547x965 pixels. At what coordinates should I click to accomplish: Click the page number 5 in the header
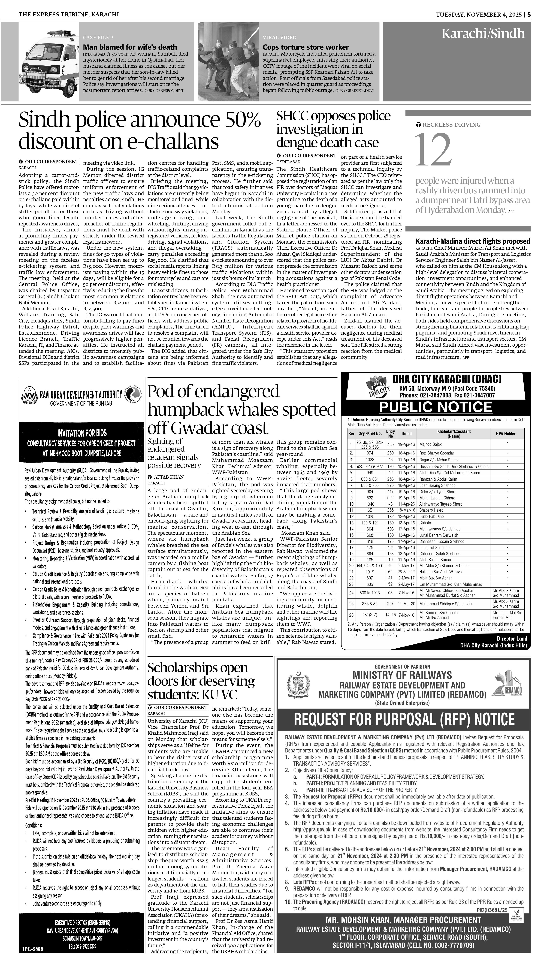pyautogui.click(x=529, y=14)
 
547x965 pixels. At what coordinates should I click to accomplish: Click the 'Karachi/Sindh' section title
pyautogui.click(x=483, y=34)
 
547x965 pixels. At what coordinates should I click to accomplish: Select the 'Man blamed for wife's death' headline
pyautogui.click(x=130, y=47)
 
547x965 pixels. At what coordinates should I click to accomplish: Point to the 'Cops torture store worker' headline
pyautogui.click(x=306, y=47)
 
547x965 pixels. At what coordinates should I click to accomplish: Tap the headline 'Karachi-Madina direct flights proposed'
pyautogui.click(x=473, y=241)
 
